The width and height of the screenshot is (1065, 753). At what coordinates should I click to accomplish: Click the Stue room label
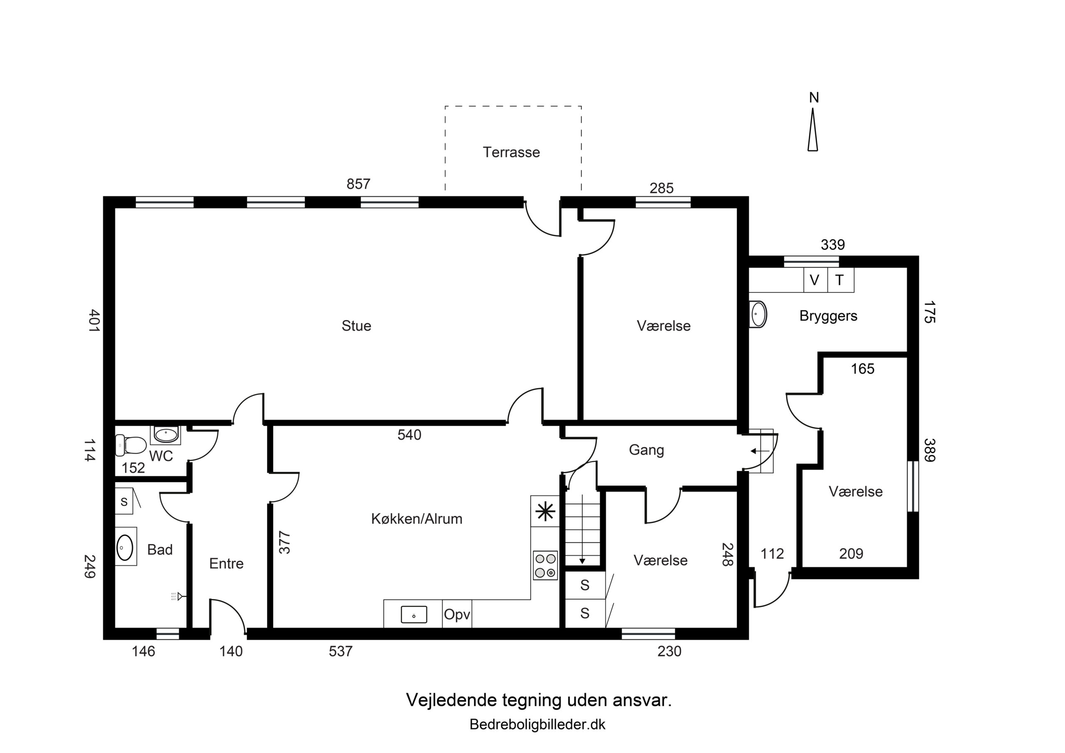click(x=356, y=326)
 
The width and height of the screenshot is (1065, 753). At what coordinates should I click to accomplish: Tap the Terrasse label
click(x=511, y=152)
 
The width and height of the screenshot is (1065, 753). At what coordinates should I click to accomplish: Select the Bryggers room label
click(x=828, y=316)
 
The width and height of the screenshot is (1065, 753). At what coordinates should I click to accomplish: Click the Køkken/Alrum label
click(x=416, y=519)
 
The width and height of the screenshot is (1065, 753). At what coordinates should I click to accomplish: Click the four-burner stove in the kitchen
click(x=545, y=565)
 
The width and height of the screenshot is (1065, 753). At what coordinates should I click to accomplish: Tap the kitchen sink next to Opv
click(x=414, y=615)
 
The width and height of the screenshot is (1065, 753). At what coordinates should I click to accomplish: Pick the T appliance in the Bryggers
click(x=840, y=280)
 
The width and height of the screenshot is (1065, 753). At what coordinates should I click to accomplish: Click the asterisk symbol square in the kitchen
click(x=545, y=511)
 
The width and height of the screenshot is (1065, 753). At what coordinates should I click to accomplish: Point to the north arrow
click(x=812, y=129)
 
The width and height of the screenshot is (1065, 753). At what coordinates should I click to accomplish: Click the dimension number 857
click(x=359, y=184)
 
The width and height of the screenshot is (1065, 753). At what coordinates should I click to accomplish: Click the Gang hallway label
click(x=646, y=450)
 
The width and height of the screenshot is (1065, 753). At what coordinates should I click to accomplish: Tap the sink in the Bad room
click(x=124, y=547)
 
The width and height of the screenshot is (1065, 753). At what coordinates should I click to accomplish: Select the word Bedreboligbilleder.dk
click(x=537, y=724)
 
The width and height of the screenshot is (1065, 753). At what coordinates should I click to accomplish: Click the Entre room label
click(x=226, y=564)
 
